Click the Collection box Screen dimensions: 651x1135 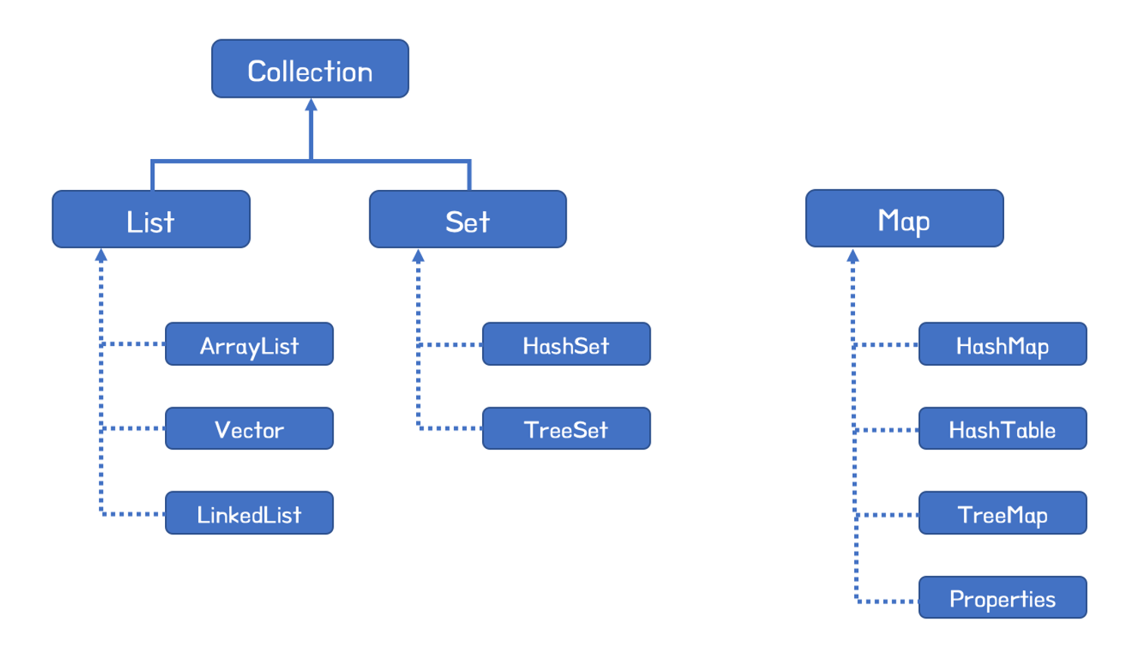pyautogui.click(x=310, y=69)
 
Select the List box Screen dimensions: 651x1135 pyautogui.click(x=151, y=220)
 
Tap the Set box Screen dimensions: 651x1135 pyautogui.click(x=468, y=220)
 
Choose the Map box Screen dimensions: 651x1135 pyautogui.click(x=904, y=219)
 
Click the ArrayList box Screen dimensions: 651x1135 pyautogui.click(x=249, y=344)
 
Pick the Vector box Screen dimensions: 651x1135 pyautogui.click(x=249, y=428)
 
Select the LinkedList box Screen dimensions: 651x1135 pyautogui.click(x=249, y=513)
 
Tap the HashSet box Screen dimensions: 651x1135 pyautogui.click(x=566, y=344)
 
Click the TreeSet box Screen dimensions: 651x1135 pyautogui.click(x=566, y=428)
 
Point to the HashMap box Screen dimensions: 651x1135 pyautogui.click(x=1003, y=344)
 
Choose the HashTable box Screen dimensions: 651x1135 pyautogui.click(x=1003, y=428)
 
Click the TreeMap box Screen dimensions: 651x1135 pyautogui.click(x=1003, y=513)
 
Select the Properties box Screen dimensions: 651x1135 pyautogui.click(x=1003, y=597)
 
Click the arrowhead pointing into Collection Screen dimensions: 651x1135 pyautogui.click(x=311, y=105)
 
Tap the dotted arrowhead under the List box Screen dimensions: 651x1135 pyautogui.click(x=101, y=256)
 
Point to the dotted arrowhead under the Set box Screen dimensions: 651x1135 pyautogui.click(x=418, y=256)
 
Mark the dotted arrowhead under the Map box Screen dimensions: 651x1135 pyautogui.click(x=853, y=256)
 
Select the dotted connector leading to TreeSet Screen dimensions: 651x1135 pyautogui.click(x=450, y=428)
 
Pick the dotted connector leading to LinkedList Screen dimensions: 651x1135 pyautogui.click(x=133, y=514)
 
